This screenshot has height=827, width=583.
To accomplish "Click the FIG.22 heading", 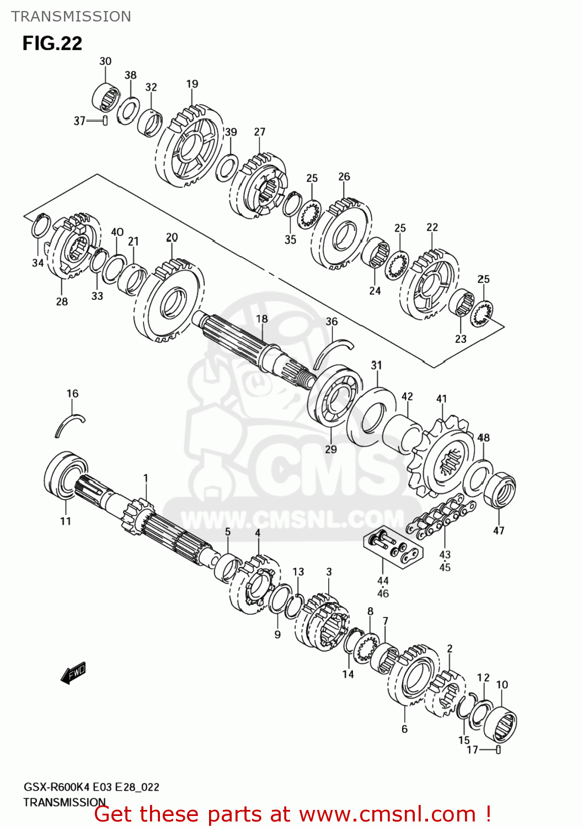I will point(52,43).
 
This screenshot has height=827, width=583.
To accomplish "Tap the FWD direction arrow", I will point(73,673).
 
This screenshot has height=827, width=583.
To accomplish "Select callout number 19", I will point(192,84).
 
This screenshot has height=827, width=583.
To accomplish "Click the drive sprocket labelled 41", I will point(441,460).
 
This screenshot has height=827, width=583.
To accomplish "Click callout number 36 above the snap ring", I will point(331,321).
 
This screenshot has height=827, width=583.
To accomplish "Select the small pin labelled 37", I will point(105,121).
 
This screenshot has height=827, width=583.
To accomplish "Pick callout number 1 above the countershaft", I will point(146,478).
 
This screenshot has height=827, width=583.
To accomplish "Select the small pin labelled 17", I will point(498,750).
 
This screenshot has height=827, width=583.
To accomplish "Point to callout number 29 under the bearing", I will point(331,449).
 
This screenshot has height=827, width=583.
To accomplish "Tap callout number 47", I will point(499,530).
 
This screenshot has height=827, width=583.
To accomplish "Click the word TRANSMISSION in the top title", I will point(71,17).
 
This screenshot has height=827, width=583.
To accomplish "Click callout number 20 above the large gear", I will point(172,237).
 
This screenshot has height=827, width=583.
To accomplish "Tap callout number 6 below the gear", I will point(404,729).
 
